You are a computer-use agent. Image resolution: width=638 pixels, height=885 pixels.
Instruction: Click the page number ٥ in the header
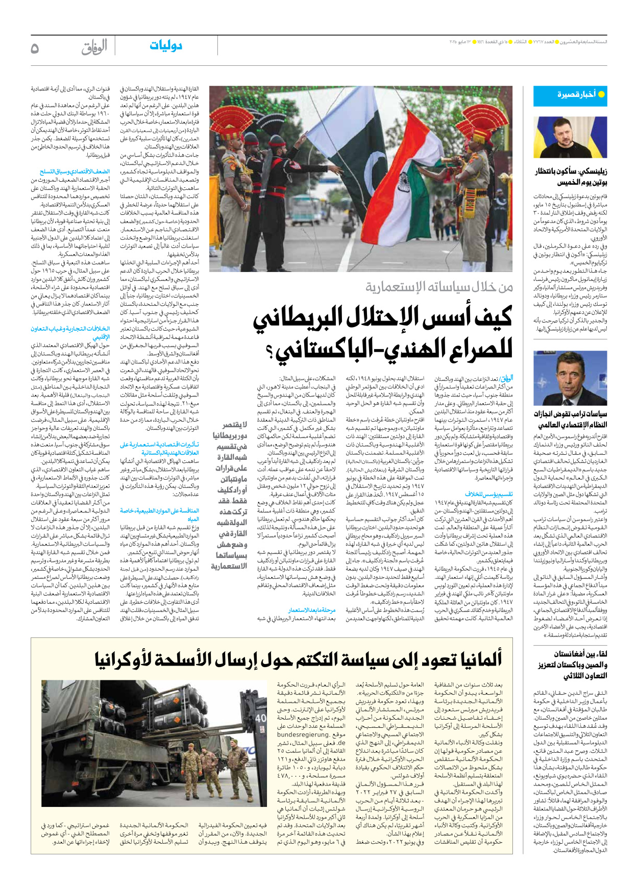point(35,48)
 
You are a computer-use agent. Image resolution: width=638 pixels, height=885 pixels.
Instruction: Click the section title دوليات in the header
point(166,46)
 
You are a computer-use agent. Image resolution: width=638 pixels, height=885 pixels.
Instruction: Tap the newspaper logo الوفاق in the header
point(94,47)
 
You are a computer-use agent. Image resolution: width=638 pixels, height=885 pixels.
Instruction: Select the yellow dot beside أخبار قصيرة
point(601,94)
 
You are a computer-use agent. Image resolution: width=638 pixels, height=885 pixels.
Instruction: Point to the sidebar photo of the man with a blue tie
point(570,378)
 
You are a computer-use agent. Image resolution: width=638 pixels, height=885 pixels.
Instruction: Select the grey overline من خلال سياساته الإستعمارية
point(439,287)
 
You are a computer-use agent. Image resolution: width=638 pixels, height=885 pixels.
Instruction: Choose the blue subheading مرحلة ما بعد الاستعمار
point(311,610)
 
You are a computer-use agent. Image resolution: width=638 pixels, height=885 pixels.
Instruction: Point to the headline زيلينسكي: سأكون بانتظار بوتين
point(571,177)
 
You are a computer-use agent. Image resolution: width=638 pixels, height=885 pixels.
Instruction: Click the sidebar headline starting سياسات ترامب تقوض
point(570,419)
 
